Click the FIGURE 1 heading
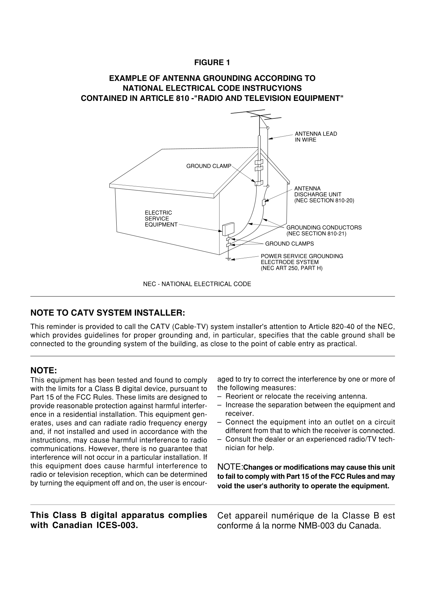[212, 62]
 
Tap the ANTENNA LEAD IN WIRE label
[316, 137]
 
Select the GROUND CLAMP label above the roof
[209, 166]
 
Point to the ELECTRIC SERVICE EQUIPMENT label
[161, 219]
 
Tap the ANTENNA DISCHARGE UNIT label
[323, 194]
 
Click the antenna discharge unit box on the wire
[264, 202]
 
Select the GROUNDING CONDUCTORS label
[323, 230]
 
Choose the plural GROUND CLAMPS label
[289, 244]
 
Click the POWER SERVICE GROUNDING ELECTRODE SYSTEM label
[302, 262]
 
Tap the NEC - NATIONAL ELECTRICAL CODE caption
[197, 284]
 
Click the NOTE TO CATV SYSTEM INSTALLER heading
[108, 313]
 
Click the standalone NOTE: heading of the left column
[43, 371]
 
